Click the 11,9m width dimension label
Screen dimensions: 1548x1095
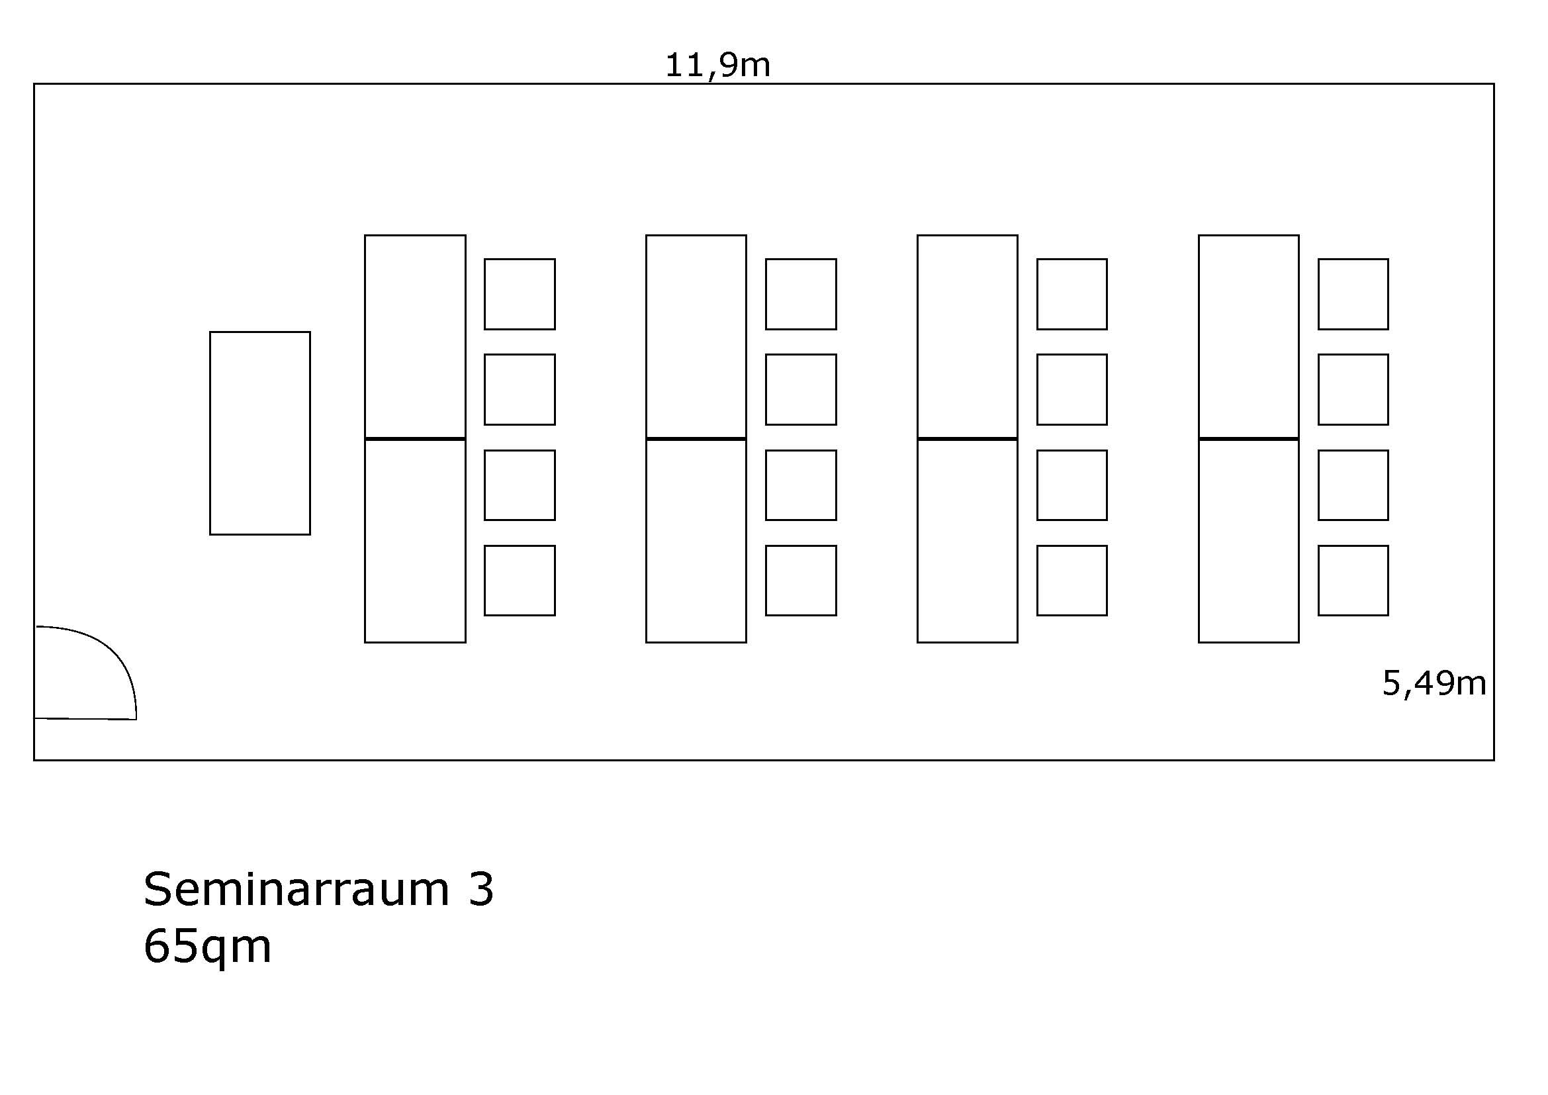[717, 66]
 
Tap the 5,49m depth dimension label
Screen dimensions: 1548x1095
[1434, 684]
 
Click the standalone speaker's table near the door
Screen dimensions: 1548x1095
[259, 433]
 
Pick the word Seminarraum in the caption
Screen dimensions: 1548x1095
[296, 889]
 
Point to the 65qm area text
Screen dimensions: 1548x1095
[207, 947]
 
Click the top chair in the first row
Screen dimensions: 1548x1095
[519, 294]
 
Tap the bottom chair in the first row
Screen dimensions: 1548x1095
[519, 581]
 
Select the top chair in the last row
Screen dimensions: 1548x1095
[1353, 294]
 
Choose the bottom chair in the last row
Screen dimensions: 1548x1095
[1353, 581]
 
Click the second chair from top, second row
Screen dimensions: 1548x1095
[801, 390]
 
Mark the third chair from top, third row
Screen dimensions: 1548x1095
[1072, 485]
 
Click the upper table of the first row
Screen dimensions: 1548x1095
[416, 336]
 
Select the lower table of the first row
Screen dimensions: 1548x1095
[416, 541]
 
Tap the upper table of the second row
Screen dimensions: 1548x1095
[696, 336]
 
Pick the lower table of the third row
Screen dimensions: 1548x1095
[968, 541]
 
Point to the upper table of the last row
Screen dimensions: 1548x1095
[1249, 336]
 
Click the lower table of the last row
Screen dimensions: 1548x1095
[1249, 541]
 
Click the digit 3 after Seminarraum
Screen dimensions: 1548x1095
[481, 889]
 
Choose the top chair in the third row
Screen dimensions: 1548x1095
[1072, 294]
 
